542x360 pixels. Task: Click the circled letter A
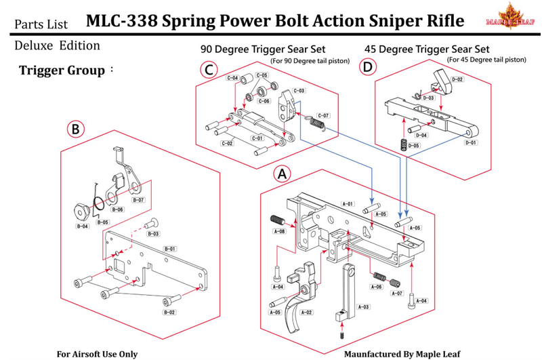282,174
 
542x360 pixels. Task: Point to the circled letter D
367,66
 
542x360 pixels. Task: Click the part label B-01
170,249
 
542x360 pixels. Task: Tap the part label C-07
323,115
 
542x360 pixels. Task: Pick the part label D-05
414,146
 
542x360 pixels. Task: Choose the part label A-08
279,231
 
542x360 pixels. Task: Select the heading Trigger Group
62,70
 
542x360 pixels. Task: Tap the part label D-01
470,142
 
